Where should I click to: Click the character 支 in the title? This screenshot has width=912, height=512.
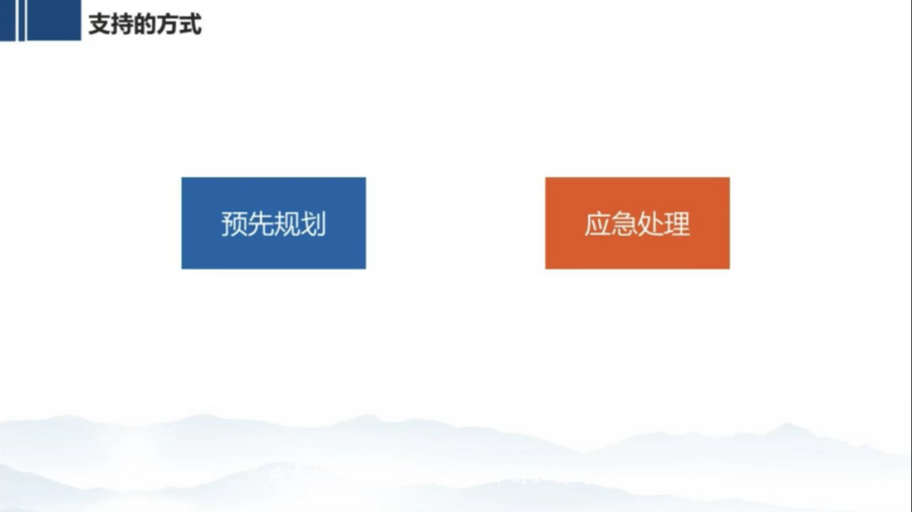(100, 24)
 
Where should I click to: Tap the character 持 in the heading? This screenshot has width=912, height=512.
(122, 24)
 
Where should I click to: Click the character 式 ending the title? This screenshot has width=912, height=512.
(190, 24)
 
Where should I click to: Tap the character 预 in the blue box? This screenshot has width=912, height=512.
(235, 224)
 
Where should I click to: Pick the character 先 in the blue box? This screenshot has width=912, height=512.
(261, 224)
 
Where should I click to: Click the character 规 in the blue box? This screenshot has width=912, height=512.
(287, 224)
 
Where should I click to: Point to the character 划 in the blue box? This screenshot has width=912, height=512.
(313, 224)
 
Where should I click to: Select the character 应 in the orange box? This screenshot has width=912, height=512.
(598, 224)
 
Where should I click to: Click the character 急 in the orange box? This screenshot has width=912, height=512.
(624, 224)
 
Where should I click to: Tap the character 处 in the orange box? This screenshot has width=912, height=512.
(650, 224)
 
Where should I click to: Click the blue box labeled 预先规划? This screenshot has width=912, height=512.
(274, 224)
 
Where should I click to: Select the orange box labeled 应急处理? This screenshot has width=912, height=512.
(638, 224)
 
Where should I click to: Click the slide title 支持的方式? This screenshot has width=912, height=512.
(145, 24)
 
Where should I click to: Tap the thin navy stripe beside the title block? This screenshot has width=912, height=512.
(21, 20)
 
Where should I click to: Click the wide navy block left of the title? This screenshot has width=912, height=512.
(54, 20)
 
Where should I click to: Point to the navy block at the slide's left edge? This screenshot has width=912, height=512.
(8, 20)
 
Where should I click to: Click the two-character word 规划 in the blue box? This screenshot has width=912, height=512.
(300, 224)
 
